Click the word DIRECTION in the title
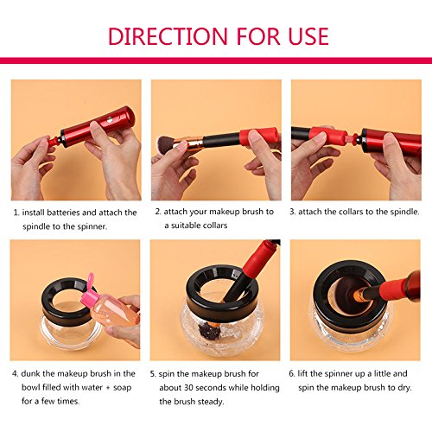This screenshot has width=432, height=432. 168,36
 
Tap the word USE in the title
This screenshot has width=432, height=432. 308,36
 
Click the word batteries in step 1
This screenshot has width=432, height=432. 63,213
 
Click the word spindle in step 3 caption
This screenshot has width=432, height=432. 403,212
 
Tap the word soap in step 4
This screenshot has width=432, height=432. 123,387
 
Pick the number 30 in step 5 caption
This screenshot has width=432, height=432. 188,387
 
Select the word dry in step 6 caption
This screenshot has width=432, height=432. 404,388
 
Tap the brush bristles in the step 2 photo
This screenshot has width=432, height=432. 166,143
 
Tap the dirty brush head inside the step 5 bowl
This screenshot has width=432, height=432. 208,330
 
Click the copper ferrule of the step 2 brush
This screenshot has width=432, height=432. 189,143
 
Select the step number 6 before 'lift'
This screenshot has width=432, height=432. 291,373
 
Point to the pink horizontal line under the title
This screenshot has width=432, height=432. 216,60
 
